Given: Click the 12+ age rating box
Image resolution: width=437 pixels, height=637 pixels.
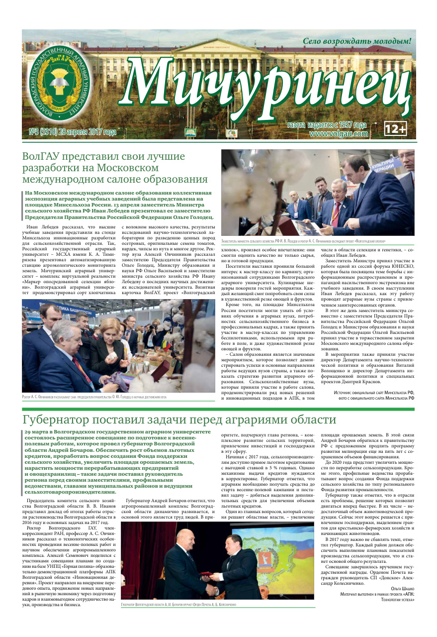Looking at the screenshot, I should [395, 130].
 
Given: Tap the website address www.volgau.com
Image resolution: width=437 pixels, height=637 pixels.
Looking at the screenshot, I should [339, 134].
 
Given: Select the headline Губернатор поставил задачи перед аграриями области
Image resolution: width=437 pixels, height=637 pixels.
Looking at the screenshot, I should [179, 420].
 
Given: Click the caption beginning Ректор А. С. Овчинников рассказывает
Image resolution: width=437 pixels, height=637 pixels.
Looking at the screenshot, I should [94, 397].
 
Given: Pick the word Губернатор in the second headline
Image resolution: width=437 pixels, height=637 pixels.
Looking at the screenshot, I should [59, 420].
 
